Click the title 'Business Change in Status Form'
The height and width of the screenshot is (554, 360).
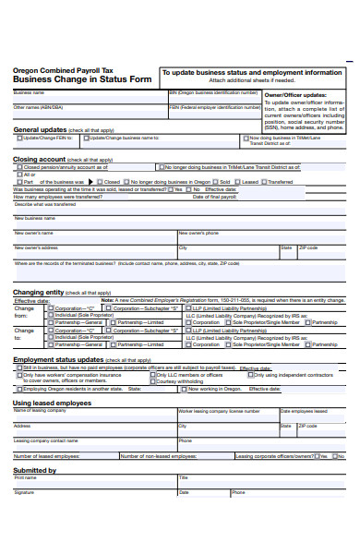pos(81,79)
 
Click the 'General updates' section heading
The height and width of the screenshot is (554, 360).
pos(40,130)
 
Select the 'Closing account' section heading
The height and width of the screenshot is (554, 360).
pos(39,159)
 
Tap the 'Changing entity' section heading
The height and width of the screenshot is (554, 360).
pos(39,292)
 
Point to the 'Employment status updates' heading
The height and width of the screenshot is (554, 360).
pos(58,359)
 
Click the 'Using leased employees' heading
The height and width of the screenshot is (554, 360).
pos(52,403)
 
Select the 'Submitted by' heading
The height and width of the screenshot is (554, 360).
pos(35,470)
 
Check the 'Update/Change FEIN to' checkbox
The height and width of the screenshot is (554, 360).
pos(19,138)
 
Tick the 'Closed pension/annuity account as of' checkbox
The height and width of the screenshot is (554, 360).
pos(19,167)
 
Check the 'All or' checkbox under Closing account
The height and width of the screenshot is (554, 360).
pos(19,175)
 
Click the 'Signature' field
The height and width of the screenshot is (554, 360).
pos(92,497)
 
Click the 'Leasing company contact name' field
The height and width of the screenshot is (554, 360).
pos(92,444)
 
